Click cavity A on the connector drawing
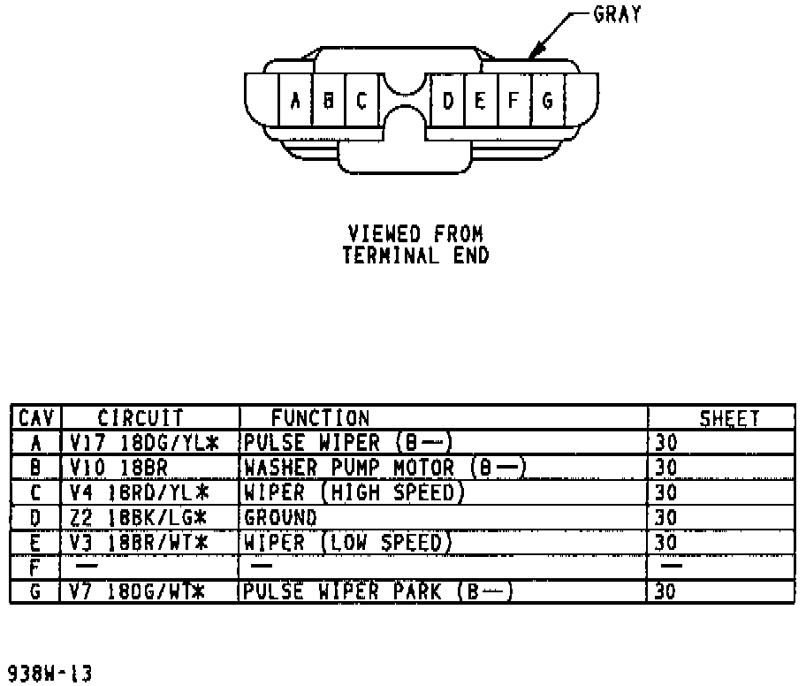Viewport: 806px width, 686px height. coord(295,100)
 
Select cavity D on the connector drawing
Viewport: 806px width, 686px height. coord(448,100)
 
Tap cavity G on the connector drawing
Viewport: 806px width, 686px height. coord(547,100)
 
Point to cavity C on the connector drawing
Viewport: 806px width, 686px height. coord(361,100)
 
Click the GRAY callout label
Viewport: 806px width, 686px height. coord(617,15)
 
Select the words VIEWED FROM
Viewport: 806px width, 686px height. coord(415,234)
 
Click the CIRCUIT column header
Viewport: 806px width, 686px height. coord(140,418)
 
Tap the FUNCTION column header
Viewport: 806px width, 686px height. coord(319,418)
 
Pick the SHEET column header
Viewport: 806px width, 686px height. coord(729,419)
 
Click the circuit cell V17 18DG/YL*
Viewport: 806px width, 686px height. coord(138,442)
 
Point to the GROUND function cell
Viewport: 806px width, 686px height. coord(280,515)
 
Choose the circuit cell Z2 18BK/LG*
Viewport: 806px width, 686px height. coord(138,515)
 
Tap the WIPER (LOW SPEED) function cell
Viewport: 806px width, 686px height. coord(347,540)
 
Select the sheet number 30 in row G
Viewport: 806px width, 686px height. coord(665,590)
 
